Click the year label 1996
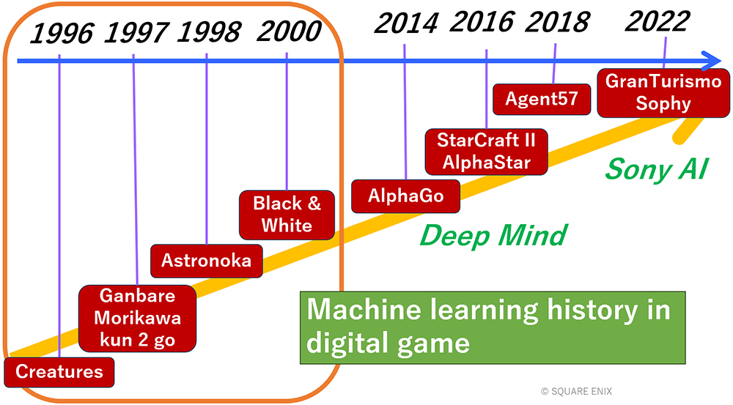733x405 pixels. tap(62, 34)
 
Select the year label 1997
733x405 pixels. tap(136, 33)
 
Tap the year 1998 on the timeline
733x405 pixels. tap(209, 32)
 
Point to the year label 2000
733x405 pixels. tap(289, 31)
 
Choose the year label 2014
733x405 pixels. tap(406, 23)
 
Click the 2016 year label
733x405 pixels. tap(482, 21)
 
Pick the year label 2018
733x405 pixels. tap(557, 22)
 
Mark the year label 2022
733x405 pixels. tap(658, 21)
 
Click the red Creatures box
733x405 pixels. tap(59, 372)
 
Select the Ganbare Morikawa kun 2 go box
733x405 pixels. tap(138, 318)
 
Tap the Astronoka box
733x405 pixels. tap(207, 261)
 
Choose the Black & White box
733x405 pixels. tap(287, 215)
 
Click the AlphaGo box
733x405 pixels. tap(406, 196)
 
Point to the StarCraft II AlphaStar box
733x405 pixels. tap(486, 152)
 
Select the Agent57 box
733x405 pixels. tap(542, 99)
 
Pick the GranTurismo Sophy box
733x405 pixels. tap(663, 93)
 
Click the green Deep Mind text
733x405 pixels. tap(493, 235)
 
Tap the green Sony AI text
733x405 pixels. tap(657, 169)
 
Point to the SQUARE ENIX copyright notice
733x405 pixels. tap(576, 392)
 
